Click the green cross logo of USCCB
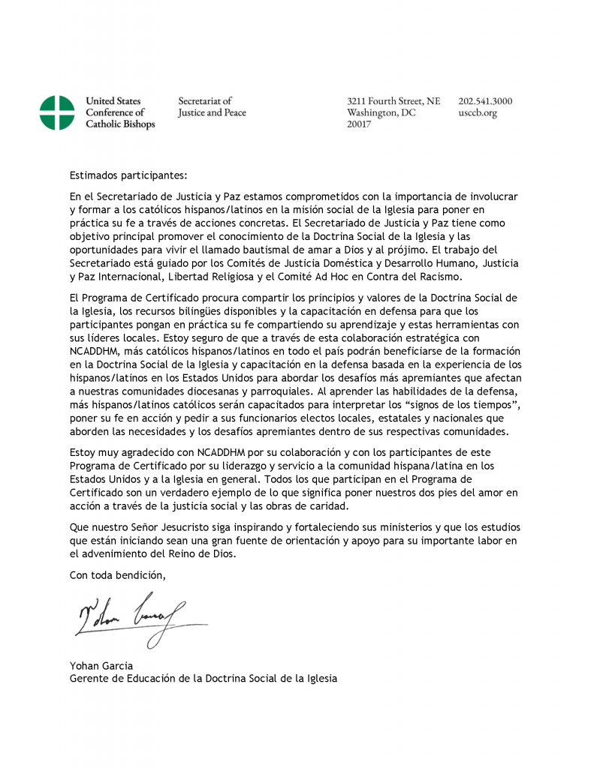pyautogui.click(x=57, y=112)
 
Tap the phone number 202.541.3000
pyautogui.click(x=485, y=101)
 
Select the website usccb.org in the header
pyautogui.click(x=478, y=113)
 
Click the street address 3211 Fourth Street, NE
pyautogui.click(x=393, y=101)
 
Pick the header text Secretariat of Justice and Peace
pyautogui.click(x=212, y=107)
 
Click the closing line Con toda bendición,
pyautogui.click(x=118, y=575)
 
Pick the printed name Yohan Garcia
pyautogui.click(x=101, y=665)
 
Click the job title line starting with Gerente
pyautogui.click(x=203, y=678)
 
